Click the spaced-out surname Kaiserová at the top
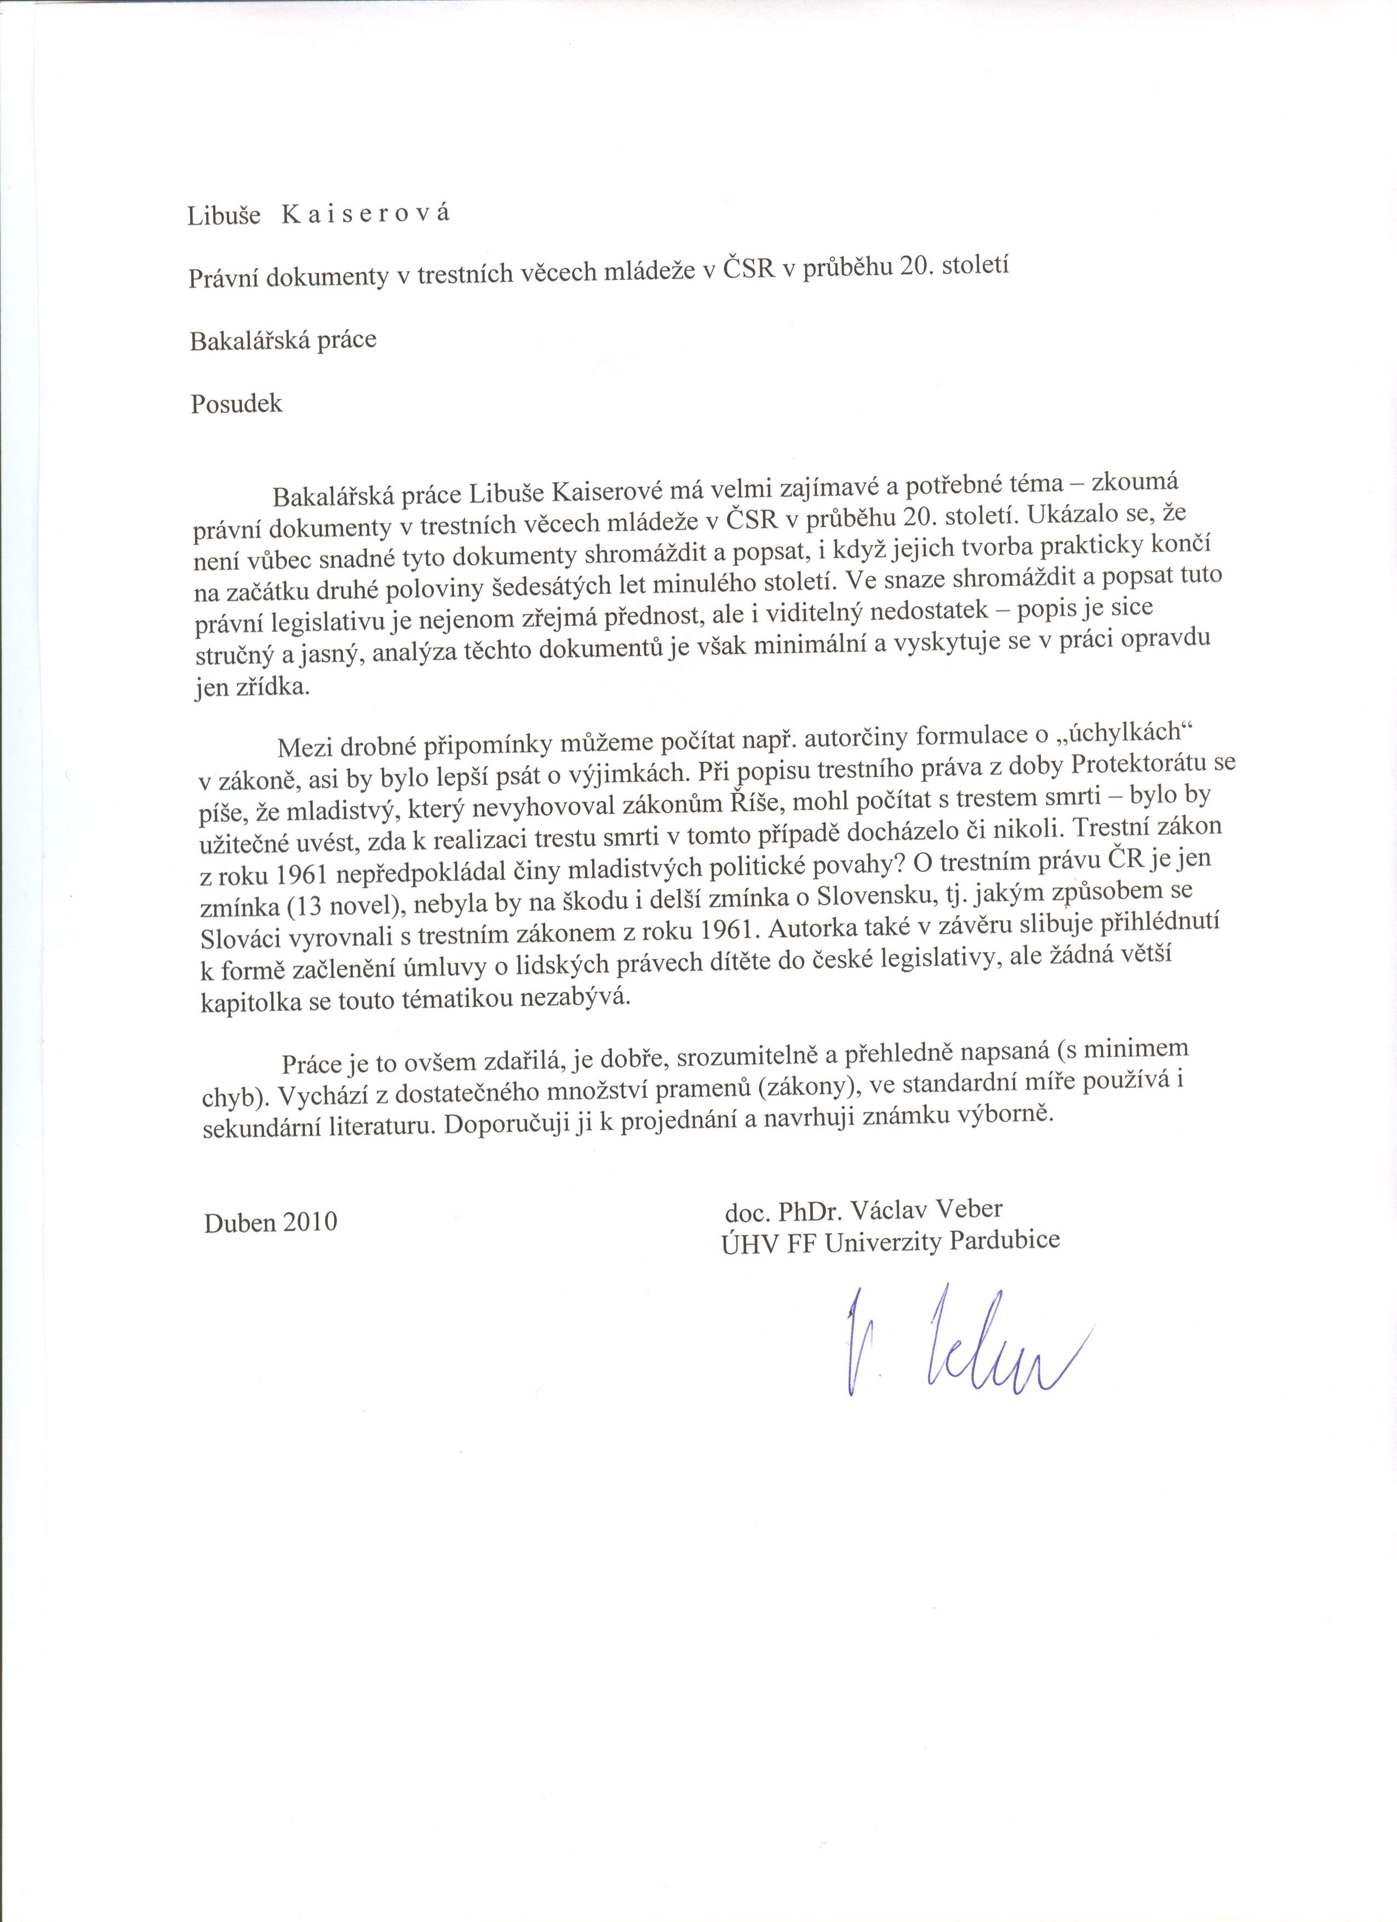click(x=366, y=215)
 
